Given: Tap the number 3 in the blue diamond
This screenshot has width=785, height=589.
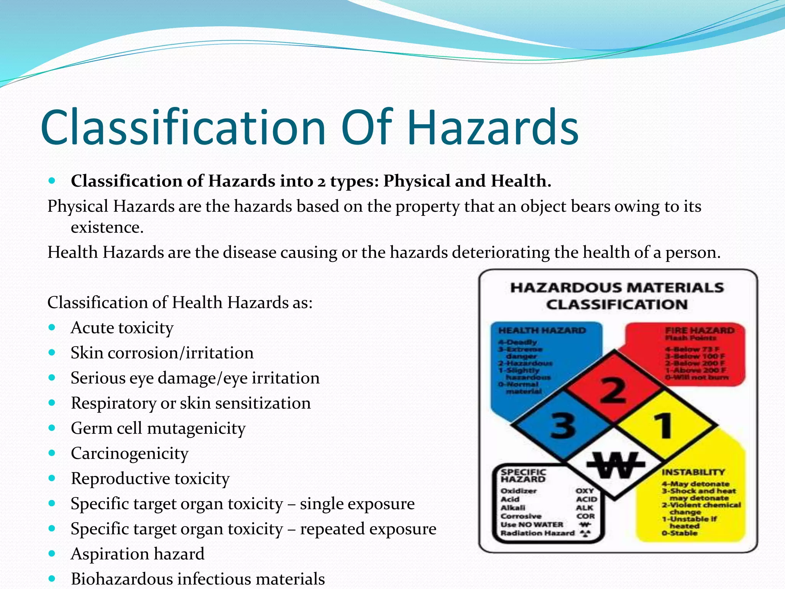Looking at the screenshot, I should (x=563, y=425).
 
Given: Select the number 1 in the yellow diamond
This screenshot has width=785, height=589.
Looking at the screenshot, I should (x=663, y=425).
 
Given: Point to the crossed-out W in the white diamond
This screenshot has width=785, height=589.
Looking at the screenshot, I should (x=614, y=465).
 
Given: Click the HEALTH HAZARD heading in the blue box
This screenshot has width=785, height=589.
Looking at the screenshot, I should (x=542, y=331).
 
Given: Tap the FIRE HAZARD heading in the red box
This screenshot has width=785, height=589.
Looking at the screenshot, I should (x=700, y=331).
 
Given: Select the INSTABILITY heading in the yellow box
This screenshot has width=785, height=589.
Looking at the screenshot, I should (x=693, y=472).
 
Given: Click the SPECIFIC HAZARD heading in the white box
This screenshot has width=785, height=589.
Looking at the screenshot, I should (x=523, y=476).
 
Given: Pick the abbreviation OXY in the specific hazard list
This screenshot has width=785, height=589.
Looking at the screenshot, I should (x=585, y=491).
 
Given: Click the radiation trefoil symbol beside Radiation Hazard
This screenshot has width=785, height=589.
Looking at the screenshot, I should (x=585, y=533).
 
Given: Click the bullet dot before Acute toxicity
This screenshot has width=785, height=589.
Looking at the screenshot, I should (x=52, y=328).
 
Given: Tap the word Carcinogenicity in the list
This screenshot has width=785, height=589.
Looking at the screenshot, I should (x=130, y=454).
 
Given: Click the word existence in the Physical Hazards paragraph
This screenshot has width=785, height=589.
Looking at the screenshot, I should (x=107, y=228).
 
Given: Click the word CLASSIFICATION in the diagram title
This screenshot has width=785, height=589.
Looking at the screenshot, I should (x=616, y=305).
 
